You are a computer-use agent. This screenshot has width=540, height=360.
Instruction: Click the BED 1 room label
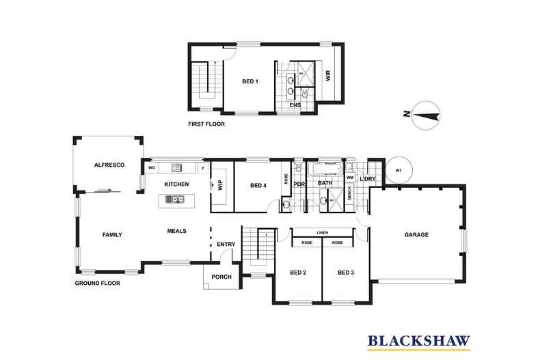click(x=250, y=82)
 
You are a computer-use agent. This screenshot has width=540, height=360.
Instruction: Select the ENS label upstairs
click(x=295, y=106)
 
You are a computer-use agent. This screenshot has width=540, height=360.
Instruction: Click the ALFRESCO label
click(x=107, y=165)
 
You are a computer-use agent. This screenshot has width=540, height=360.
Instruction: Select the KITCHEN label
click(x=177, y=184)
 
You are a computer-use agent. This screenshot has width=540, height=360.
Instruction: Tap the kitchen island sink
click(x=176, y=199)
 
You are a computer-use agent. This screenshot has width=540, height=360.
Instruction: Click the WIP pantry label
click(x=220, y=184)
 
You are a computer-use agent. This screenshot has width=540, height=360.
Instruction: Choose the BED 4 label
click(x=258, y=184)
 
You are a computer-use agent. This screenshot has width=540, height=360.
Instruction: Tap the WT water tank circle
click(x=399, y=170)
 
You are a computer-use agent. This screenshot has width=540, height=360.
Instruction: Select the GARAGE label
click(x=416, y=234)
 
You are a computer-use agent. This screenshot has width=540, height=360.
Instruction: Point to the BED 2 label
click(x=298, y=273)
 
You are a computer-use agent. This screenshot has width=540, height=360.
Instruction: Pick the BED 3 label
click(x=347, y=273)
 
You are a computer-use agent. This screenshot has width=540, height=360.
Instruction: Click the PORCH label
click(x=221, y=277)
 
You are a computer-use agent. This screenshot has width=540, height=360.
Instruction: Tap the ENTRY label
click(x=226, y=244)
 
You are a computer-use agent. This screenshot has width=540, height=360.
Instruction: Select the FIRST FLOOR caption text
click(x=206, y=125)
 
